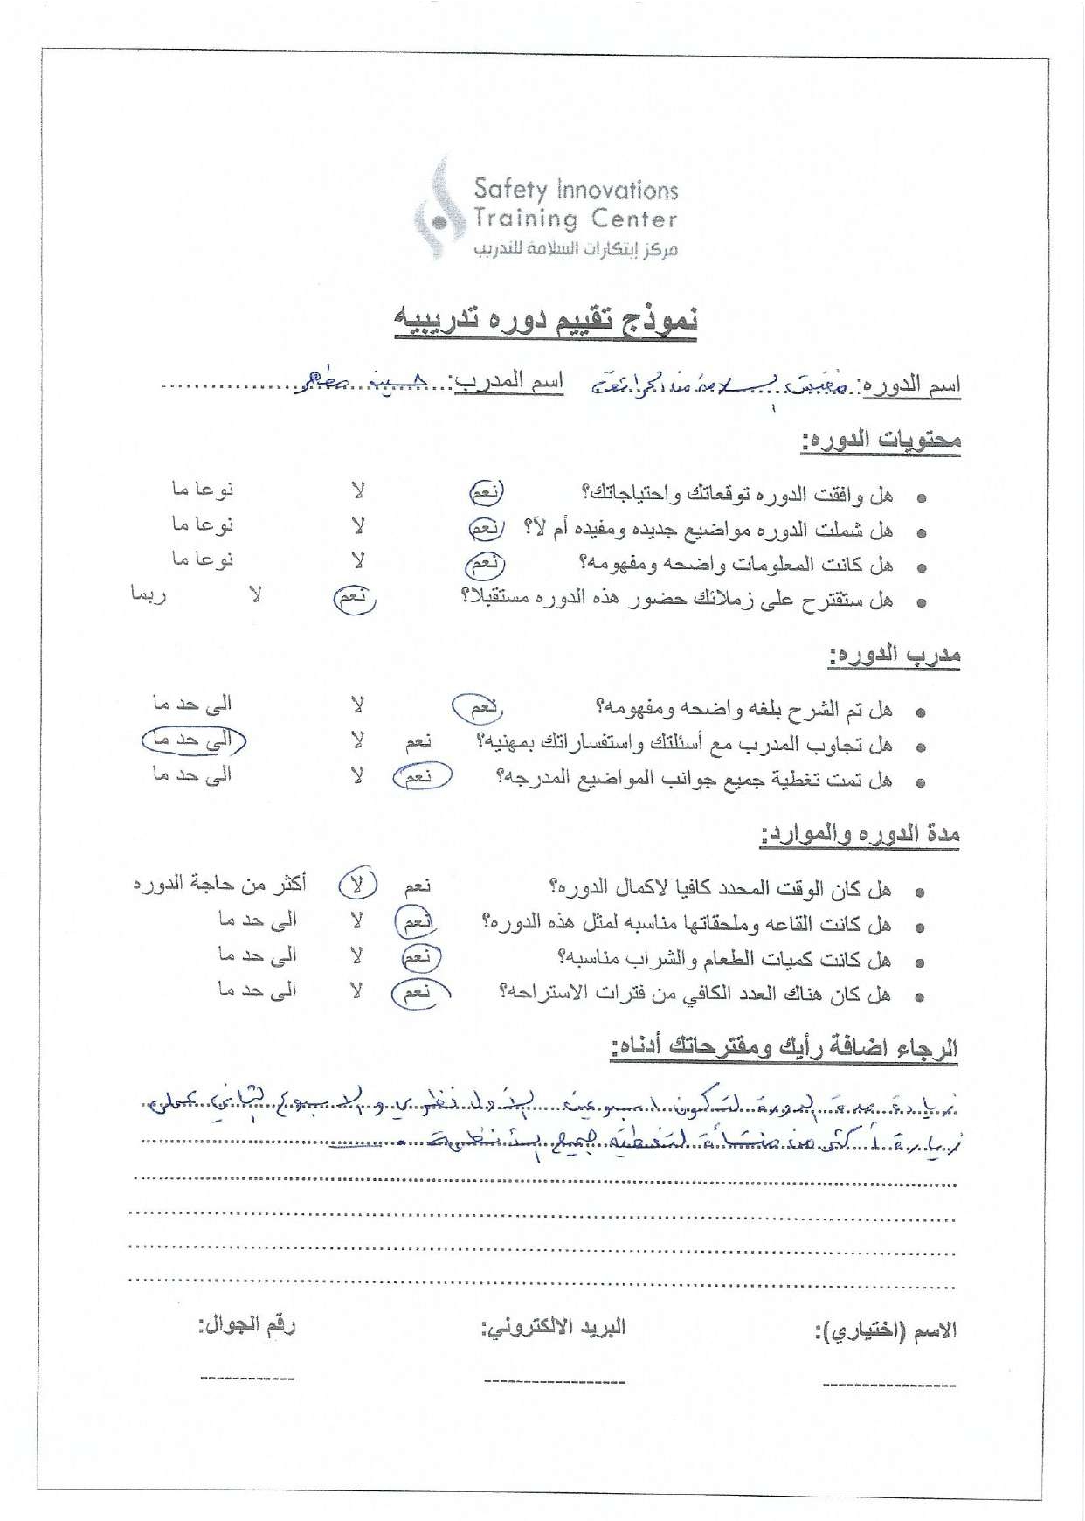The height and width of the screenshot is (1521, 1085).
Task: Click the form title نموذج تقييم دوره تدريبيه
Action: coord(546,321)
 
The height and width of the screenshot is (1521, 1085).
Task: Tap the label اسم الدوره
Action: coord(911,385)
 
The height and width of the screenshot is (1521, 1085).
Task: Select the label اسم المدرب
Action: coord(508,381)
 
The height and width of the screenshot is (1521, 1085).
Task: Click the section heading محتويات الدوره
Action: coord(881,440)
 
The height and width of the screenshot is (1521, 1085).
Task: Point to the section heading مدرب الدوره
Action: coord(894,655)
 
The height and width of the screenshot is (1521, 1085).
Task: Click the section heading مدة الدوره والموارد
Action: coord(860,835)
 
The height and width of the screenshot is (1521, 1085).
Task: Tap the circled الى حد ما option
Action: coord(193,740)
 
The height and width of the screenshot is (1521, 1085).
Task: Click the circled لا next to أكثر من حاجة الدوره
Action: coord(357,885)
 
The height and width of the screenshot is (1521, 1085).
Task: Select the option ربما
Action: coord(149,594)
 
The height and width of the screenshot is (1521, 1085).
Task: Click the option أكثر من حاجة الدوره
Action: coord(219,884)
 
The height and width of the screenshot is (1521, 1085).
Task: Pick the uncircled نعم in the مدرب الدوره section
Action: coord(418,741)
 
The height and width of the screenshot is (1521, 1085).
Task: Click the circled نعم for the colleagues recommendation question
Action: coord(354,598)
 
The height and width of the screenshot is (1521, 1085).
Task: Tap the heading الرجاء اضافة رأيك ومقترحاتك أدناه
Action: coord(784,1046)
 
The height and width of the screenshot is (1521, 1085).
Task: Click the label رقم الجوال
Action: coord(246,1324)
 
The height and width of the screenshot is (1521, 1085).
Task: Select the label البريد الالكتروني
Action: coord(554,1327)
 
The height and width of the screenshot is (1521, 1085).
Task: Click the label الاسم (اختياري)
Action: coord(885,1331)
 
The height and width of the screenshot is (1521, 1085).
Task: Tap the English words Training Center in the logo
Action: coord(575,219)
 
